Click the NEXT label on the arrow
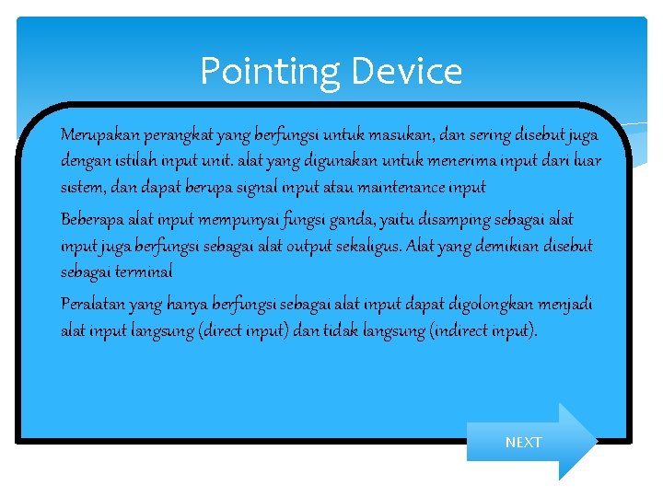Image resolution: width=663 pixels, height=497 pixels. click(x=523, y=443)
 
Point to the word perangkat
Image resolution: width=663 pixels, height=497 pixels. click(x=176, y=135)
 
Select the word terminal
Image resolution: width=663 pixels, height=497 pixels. click(x=144, y=272)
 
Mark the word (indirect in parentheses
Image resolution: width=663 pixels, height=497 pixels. click(x=459, y=330)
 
